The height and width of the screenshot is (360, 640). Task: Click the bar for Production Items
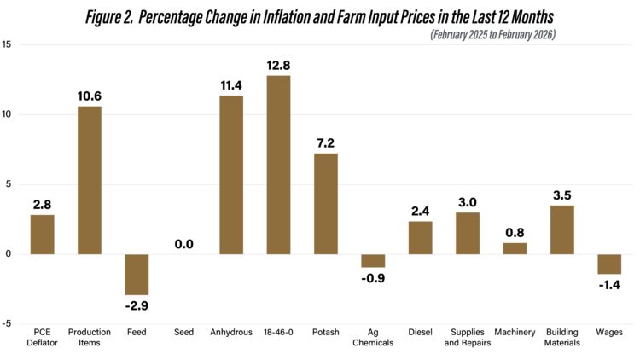click(x=90, y=180)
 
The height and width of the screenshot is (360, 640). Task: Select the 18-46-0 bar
click(x=278, y=165)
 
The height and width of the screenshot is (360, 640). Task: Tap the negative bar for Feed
click(x=137, y=274)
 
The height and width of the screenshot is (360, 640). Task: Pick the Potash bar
click(x=325, y=203)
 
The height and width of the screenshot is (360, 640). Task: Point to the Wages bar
click(x=609, y=264)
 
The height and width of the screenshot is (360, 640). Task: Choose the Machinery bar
click(x=515, y=248)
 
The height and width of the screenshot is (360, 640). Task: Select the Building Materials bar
click(x=561, y=229)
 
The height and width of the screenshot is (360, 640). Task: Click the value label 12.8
click(x=278, y=63)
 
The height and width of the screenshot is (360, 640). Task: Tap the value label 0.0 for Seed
click(x=183, y=244)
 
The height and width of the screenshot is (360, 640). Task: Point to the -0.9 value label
click(x=373, y=278)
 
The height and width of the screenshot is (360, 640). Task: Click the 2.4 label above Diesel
click(x=420, y=211)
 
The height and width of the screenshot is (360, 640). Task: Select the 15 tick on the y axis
click(x=8, y=44)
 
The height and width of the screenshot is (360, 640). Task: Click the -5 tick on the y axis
click(x=8, y=323)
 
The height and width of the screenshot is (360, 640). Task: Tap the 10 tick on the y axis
click(x=8, y=114)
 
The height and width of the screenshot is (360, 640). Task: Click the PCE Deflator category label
click(x=43, y=337)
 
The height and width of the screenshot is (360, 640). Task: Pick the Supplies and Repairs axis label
click(x=467, y=337)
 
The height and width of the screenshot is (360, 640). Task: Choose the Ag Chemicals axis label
click(x=373, y=337)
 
